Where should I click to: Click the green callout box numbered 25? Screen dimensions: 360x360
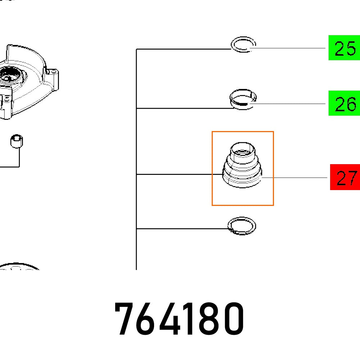344,48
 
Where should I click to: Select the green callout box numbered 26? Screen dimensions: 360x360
344,103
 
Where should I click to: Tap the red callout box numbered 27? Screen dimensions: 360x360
345,177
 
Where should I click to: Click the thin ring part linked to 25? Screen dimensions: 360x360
243,45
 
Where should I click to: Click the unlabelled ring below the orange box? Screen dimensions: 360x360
242,226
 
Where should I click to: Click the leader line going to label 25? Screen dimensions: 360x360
288,48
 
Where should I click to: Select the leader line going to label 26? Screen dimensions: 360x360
288,104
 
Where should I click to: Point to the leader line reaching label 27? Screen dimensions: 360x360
295,178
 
